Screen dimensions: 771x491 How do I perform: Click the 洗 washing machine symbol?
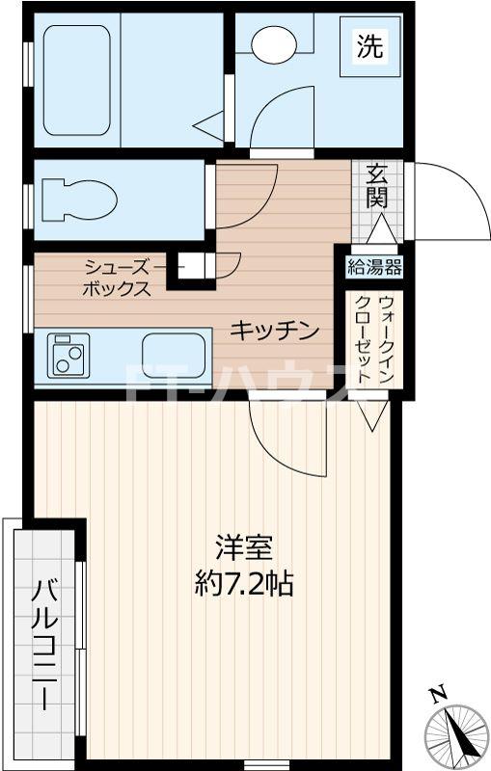368,45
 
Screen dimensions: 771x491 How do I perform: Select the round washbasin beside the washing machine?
275,42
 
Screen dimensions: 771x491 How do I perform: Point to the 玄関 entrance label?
375,187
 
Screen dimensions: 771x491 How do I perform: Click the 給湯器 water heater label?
374,267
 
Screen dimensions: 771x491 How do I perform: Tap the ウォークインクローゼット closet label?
374,342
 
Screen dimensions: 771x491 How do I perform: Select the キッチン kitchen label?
274,331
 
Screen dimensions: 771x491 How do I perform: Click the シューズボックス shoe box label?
117,277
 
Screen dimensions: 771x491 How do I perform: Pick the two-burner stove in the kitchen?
68,354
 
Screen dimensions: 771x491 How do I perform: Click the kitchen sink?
175,354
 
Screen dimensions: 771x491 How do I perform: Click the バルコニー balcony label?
45,644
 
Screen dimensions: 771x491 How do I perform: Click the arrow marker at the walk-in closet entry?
370,417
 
